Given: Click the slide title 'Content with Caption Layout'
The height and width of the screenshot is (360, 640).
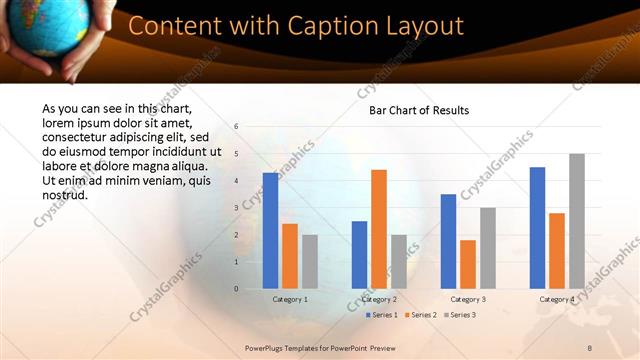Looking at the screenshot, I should click(x=296, y=26).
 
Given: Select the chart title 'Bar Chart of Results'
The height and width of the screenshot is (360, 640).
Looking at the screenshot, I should click(x=419, y=110).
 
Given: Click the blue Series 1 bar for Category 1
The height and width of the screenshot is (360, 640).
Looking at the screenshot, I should click(x=270, y=231).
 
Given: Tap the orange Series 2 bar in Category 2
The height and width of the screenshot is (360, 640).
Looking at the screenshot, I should click(x=379, y=229).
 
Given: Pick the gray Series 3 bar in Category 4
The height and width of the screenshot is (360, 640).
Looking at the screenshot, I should click(x=577, y=221).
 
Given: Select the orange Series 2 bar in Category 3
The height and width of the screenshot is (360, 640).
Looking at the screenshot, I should click(x=468, y=264).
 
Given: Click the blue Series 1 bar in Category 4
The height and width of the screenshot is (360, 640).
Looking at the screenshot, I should click(x=537, y=228).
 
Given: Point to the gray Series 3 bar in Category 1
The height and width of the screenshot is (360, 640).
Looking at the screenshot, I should click(x=310, y=261).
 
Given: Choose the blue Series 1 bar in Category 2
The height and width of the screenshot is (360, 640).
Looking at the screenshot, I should click(x=359, y=255).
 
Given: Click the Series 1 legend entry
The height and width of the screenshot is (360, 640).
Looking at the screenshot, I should click(x=381, y=315).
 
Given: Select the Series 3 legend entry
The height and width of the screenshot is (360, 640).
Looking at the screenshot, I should click(x=459, y=315).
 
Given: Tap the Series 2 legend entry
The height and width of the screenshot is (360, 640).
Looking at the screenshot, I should click(x=420, y=315).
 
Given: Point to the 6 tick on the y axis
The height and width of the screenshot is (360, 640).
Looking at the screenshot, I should click(x=236, y=127).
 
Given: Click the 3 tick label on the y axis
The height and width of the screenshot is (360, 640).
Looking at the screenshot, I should click(x=236, y=208).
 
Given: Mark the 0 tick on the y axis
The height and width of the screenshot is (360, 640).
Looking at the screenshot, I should click(x=236, y=289).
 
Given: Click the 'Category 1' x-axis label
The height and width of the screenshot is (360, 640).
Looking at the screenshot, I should click(x=290, y=299).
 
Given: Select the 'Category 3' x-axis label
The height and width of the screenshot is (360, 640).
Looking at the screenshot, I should click(x=468, y=299).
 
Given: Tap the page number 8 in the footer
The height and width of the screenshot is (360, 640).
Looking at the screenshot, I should click(x=590, y=346).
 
